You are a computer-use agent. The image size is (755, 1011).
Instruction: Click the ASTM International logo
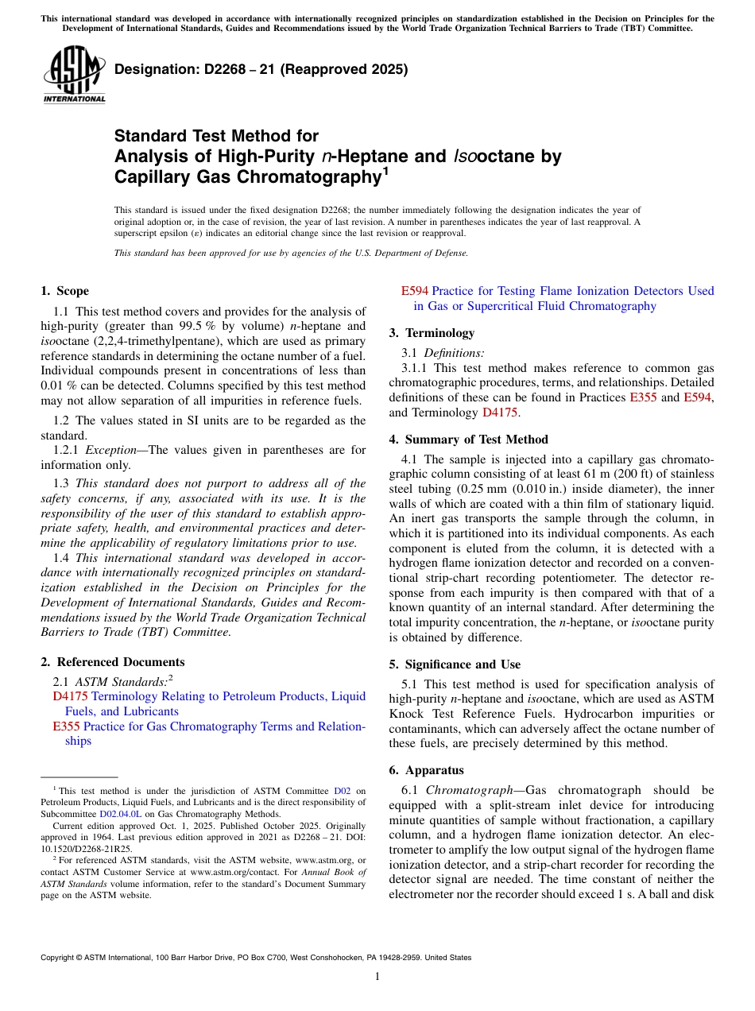pos(74,76)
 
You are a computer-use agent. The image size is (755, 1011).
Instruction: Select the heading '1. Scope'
pos(64,291)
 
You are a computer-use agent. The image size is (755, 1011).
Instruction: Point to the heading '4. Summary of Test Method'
pos(468,440)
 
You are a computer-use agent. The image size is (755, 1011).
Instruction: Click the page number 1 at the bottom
pos(377,977)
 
